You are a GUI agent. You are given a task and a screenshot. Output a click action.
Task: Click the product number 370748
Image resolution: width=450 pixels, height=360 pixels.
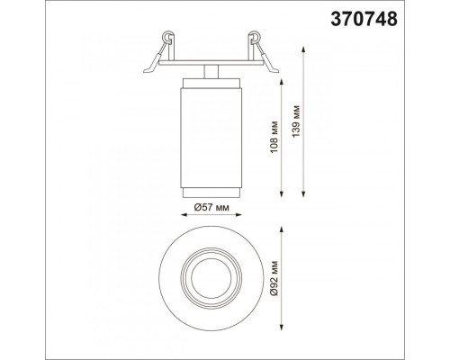[x=364, y=19]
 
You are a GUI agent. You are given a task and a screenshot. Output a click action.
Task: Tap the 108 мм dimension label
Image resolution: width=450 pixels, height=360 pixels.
[x=274, y=137]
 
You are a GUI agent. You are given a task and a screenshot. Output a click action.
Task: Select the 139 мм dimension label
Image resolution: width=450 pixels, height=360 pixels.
[x=296, y=121]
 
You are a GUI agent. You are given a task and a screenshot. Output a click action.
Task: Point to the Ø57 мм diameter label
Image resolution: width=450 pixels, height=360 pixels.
[x=211, y=207]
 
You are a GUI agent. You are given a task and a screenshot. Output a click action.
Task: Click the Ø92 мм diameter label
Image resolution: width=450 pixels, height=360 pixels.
[x=274, y=279]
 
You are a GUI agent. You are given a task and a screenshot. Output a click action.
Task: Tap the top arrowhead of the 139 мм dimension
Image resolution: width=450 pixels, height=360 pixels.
[x=303, y=49]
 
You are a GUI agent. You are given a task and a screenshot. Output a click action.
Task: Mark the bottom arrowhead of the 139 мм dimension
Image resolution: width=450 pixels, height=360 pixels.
[x=303, y=193]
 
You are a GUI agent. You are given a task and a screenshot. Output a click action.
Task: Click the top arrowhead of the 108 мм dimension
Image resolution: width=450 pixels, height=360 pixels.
[x=282, y=82]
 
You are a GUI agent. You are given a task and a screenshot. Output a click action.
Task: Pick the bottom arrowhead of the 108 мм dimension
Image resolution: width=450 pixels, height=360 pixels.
[x=282, y=193]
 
